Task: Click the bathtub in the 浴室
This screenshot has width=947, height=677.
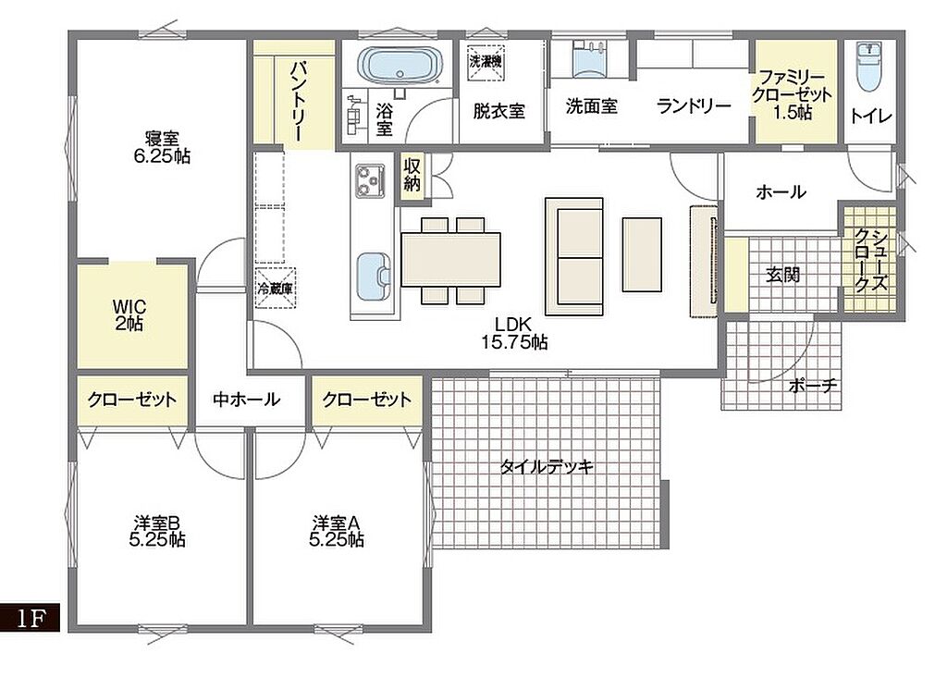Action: click(x=400, y=66)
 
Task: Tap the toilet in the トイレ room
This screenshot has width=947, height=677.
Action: click(x=869, y=66)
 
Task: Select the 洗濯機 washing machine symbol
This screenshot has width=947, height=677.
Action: click(x=486, y=62)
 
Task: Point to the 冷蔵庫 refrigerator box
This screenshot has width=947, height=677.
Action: click(x=275, y=288)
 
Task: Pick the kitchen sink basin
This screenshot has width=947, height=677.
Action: click(x=373, y=277)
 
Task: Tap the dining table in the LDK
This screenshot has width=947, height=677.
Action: click(x=450, y=259)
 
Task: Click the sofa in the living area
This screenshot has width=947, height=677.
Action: click(x=573, y=256)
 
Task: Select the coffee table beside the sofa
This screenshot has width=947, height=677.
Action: click(x=642, y=254)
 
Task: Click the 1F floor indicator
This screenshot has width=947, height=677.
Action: click(x=31, y=618)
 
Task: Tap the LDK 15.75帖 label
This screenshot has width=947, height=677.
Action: click(x=514, y=333)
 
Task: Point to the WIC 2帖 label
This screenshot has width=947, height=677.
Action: click(x=129, y=314)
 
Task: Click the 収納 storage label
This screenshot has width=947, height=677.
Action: click(x=412, y=175)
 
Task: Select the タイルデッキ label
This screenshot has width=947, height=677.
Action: click(x=547, y=466)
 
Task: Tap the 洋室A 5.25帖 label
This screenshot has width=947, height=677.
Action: click(x=337, y=531)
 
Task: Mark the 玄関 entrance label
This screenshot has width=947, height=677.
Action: click(x=782, y=275)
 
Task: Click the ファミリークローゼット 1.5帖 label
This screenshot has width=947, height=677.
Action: click(x=792, y=95)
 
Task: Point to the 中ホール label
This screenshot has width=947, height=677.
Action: click(x=246, y=400)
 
